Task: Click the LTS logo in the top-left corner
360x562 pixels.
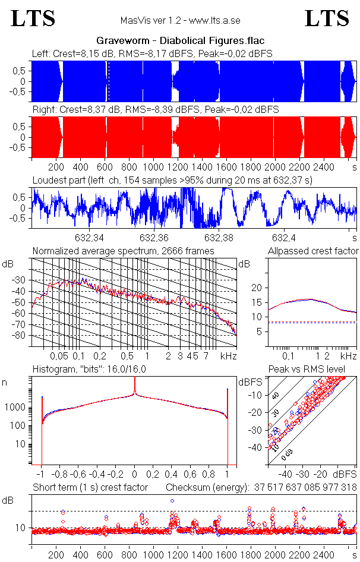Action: point(33,18)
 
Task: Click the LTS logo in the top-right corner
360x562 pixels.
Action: point(327,18)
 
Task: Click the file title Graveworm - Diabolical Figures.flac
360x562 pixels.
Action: point(180,41)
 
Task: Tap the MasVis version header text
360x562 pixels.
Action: point(179,20)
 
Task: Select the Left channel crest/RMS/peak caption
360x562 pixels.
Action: point(152,53)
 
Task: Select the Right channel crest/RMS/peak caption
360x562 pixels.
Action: point(156,110)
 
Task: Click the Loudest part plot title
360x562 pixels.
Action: point(172,179)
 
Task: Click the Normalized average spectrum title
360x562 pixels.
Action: point(123,251)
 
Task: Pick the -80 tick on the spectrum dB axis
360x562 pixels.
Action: point(23,336)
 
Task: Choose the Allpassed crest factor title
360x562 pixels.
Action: point(313,251)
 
